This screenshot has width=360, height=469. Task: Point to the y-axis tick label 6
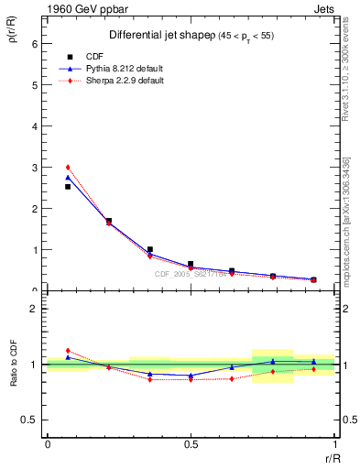click(x=34, y=43)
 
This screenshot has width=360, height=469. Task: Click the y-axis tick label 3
click(x=34, y=167)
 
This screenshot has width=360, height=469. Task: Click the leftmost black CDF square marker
click(x=68, y=186)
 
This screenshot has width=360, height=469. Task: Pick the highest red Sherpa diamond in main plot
click(x=68, y=168)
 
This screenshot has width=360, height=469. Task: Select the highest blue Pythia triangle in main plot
click(x=68, y=177)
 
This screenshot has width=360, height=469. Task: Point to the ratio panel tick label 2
click(x=34, y=309)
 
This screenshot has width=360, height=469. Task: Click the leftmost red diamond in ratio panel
click(x=68, y=351)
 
